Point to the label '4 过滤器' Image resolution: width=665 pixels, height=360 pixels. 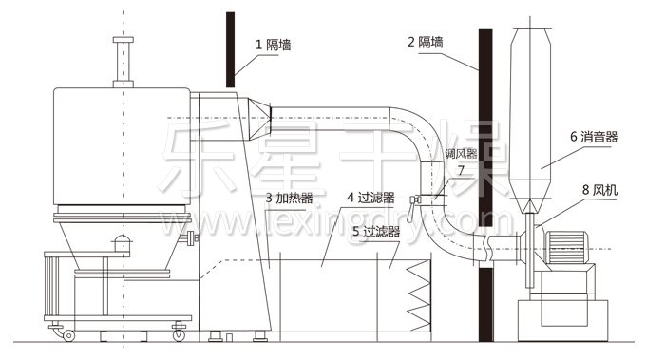click(370, 199)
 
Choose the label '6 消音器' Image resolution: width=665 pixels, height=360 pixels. click(594, 137)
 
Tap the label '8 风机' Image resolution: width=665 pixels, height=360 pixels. click(598, 189)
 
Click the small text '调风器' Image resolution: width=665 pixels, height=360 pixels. click(460, 152)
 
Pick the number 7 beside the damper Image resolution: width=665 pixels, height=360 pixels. click(461, 169)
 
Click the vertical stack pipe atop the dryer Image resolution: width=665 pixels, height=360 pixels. click(121, 62)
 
